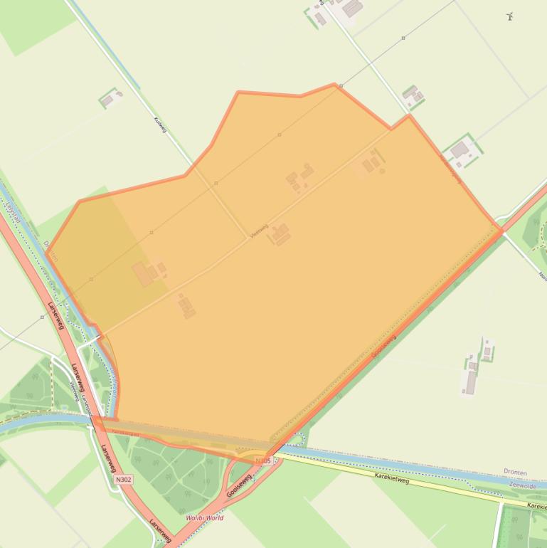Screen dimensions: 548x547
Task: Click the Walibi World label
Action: click(x=205, y=518)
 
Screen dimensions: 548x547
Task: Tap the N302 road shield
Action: click(x=123, y=480)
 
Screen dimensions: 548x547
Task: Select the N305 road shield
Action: click(x=263, y=461)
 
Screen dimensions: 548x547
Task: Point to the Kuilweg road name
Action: click(x=160, y=125)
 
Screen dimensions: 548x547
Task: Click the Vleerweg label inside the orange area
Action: click(x=259, y=231)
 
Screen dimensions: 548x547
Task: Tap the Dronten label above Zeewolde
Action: click(x=515, y=472)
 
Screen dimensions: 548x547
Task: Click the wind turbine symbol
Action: click(x=509, y=16)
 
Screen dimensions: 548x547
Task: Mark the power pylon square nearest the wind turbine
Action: click(x=403, y=38)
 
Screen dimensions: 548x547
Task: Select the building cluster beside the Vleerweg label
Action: click(x=280, y=234)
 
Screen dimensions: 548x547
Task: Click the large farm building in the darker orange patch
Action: click(x=144, y=274)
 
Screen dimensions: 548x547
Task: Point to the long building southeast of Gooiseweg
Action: click(x=469, y=381)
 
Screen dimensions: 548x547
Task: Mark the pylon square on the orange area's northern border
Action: click(x=341, y=86)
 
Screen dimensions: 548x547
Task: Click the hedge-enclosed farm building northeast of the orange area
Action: click(x=460, y=150)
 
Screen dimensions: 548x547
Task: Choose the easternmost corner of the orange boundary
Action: click(x=501, y=230)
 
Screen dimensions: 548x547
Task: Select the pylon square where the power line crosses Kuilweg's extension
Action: click(x=216, y=184)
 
